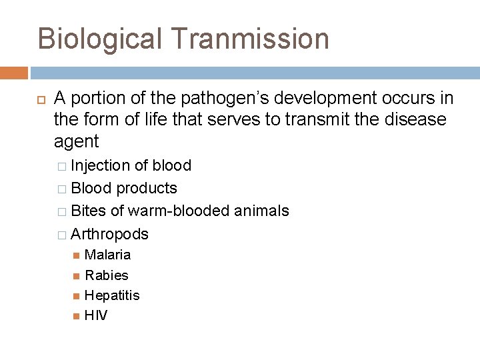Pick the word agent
tap(76, 141)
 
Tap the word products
tap(147, 188)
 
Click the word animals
tap(261, 211)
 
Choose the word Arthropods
tap(109, 234)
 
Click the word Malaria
tap(108, 255)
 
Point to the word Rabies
tap(107, 275)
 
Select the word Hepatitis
tap(112, 295)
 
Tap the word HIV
tap(96, 315)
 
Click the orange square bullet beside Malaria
tap(76, 255)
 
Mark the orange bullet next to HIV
tap(76, 315)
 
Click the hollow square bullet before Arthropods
tap(61, 235)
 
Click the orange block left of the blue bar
tap(14, 72)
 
